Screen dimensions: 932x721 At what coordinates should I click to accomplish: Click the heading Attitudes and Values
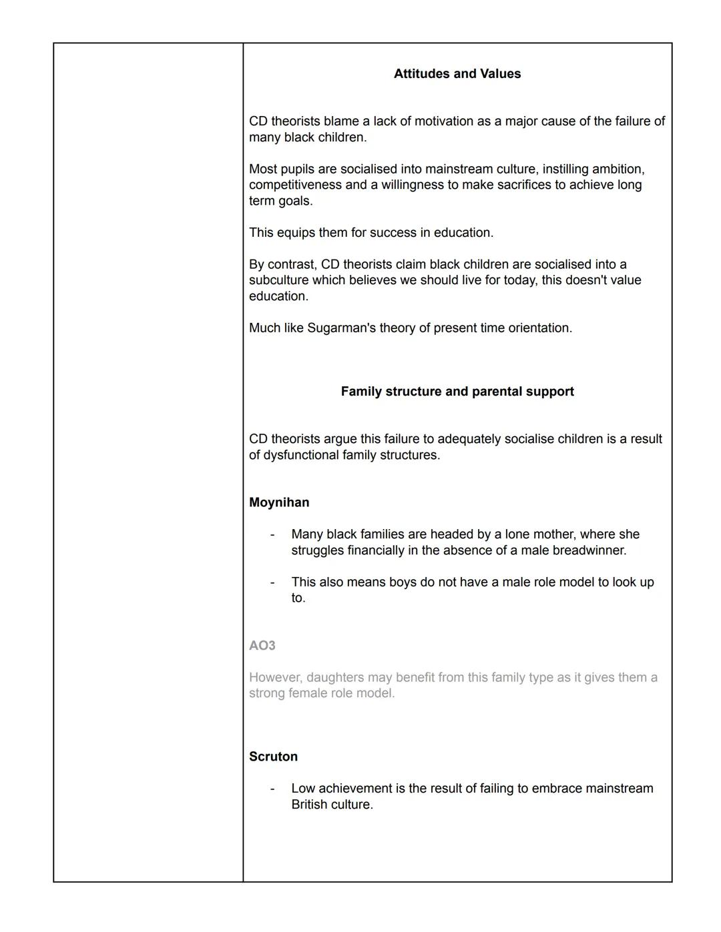click(x=457, y=74)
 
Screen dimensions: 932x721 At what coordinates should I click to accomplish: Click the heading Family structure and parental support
click(x=457, y=392)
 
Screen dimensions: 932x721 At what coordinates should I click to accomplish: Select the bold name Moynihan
click(x=279, y=502)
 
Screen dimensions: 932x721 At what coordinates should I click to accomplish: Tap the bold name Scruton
click(x=273, y=757)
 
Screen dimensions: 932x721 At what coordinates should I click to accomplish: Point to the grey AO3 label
click(x=262, y=646)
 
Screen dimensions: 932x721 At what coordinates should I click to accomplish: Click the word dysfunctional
click(x=304, y=455)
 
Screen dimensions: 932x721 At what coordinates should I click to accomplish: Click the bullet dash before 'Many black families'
click(x=272, y=535)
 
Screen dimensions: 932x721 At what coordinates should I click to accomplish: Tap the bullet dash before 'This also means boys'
click(x=272, y=582)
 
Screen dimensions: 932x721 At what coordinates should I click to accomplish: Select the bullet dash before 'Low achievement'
click(x=272, y=789)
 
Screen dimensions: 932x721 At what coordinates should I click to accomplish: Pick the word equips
click(x=297, y=233)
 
